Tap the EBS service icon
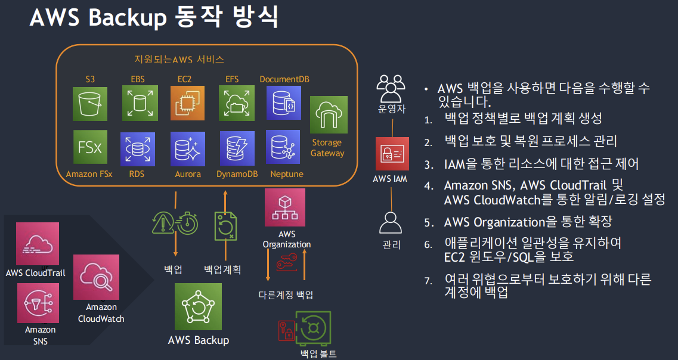tap(140, 103)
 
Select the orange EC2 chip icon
tap(187, 103)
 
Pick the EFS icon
tap(236, 103)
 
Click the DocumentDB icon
tap(283, 103)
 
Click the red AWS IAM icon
tap(391, 154)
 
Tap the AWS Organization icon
tap(284, 208)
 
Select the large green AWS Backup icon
tap(198, 307)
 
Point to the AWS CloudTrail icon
tap(38, 244)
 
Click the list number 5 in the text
tap(428, 223)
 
